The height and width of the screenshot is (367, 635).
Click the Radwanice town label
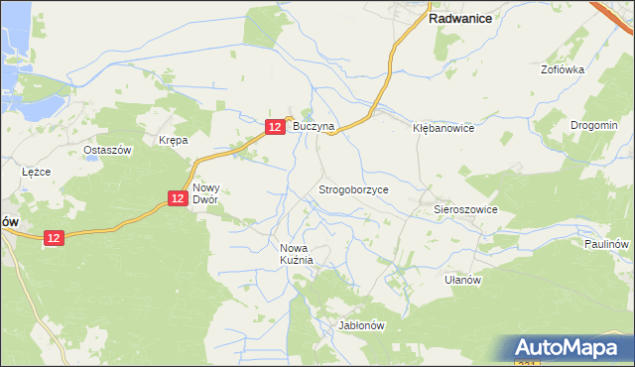point(461,18)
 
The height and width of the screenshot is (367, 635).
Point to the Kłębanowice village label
point(444,129)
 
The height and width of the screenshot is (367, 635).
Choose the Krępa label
point(174,141)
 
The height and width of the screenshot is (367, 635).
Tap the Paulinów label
point(606,244)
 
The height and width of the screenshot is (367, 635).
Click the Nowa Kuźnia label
point(297,254)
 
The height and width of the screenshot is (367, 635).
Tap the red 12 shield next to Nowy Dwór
point(177,198)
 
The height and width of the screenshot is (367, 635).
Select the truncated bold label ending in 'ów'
point(8,223)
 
